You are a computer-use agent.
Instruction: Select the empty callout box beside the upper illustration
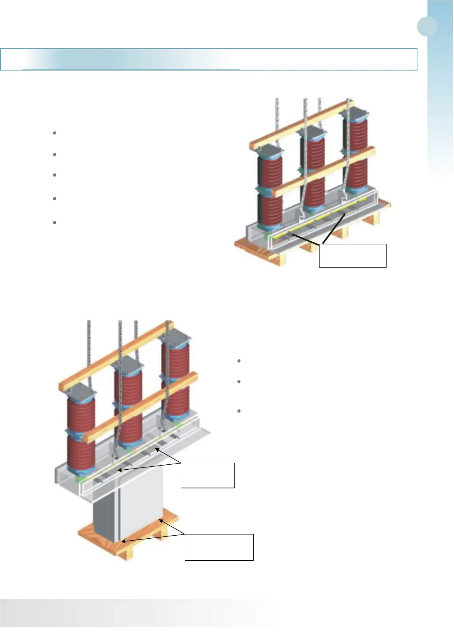(352, 255)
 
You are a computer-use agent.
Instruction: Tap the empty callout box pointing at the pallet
(219, 547)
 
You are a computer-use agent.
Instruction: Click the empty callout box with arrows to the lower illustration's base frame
(207, 475)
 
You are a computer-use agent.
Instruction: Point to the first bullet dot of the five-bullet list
(54, 133)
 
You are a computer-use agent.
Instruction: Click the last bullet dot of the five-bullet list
(54, 222)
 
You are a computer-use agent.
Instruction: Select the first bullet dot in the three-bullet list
(239, 361)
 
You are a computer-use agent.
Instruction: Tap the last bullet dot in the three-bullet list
(239, 411)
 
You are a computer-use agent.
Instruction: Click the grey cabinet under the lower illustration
(129, 511)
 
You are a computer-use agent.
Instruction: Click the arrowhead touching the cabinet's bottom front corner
(123, 541)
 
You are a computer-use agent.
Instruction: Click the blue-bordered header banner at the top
(209, 59)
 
